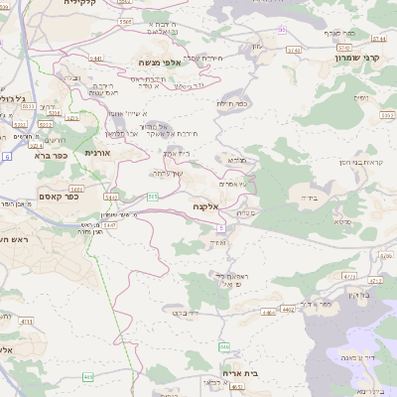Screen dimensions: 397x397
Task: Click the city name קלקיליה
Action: (x=85, y=3)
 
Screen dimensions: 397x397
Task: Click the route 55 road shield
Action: (x=282, y=30)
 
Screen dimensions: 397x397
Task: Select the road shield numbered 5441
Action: (x=96, y=59)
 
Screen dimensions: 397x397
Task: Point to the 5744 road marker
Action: (x=378, y=39)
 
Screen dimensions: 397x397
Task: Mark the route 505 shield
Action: (x=153, y=197)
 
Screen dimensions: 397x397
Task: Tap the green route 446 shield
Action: (x=225, y=346)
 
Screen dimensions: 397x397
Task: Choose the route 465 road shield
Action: (x=88, y=377)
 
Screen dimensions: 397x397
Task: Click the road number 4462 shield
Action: (x=286, y=311)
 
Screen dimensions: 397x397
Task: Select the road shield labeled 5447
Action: (x=110, y=225)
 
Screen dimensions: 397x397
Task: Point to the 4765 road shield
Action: (x=347, y=275)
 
